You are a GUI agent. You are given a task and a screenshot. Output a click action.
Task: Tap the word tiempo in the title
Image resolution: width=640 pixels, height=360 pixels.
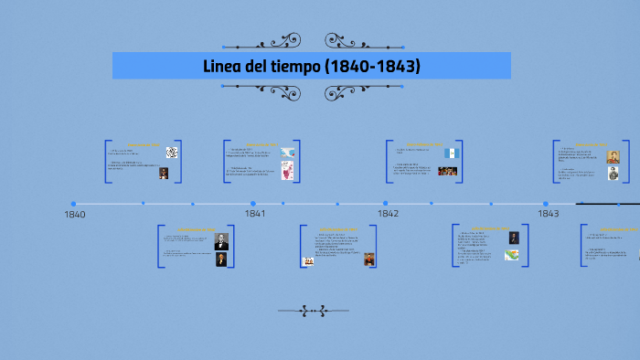[302, 67]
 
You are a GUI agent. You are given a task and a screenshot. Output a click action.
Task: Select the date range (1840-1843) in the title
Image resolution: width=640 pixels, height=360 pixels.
[378, 67]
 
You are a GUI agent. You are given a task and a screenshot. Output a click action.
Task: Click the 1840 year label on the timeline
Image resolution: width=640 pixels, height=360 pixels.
[75, 215]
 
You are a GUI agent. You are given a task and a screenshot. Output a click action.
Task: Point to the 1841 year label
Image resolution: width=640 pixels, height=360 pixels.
[255, 214]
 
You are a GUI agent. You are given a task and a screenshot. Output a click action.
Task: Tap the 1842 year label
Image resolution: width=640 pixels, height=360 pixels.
[388, 214]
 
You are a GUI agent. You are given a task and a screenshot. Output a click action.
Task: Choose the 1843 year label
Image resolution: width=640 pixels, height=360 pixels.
[548, 214]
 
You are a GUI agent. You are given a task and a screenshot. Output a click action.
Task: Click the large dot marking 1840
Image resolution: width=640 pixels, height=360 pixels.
[73, 204]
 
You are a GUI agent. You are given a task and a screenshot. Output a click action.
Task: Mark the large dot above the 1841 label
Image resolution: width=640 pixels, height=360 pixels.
[253, 204]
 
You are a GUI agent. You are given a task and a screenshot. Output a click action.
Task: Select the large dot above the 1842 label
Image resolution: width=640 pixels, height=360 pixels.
[386, 204]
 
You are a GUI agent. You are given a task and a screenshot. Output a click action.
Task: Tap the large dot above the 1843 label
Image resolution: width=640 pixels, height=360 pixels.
[546, 204]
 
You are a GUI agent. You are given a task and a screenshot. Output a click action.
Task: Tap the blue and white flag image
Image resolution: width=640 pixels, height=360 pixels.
[450, 153]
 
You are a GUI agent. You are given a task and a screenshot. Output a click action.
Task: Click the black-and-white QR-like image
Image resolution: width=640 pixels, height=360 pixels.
[171, 153]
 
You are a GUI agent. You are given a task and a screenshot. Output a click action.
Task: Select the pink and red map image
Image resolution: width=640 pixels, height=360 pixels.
[287, 171]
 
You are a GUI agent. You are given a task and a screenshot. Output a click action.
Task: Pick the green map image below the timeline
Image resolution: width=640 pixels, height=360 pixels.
[513, 256]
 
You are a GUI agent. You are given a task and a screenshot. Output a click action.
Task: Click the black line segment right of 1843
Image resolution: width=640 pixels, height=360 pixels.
[608, 204]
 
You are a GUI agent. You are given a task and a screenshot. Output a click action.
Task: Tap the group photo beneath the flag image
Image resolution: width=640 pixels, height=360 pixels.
[447, 171]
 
